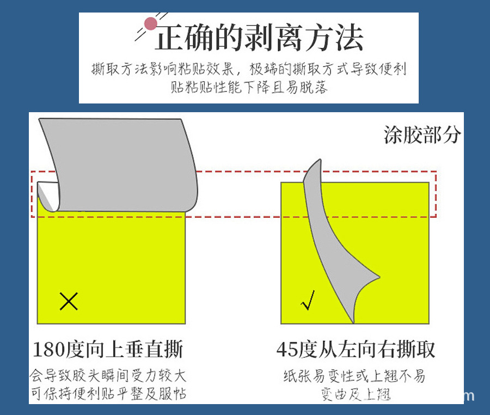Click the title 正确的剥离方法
pyautogui.click(x=259, y=38)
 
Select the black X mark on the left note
pyautogui.click(x=69, y=301)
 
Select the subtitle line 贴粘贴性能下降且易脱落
pyautogui.click(x=249, y=87)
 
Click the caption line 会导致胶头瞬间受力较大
pyautogui.click(x=108, y=376)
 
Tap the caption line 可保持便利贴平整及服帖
pyautogui.click(x=108, y=393)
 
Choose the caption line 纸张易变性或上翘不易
pyautogui.click(x=354, y=376)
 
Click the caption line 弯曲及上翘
pyautogui.click(x=356, y=394)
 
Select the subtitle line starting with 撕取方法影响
pyautogui.click(x=249, y=70)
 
